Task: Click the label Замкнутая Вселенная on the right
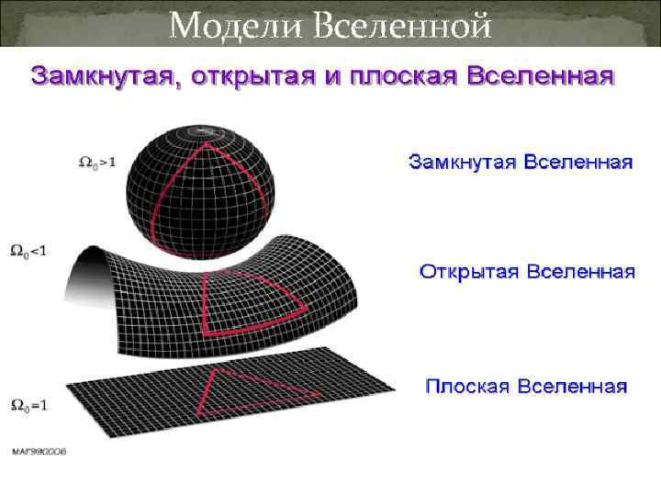pyautogui.click(x=521, y=163)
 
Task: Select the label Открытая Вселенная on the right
pyautogui.click(x=527, y=273)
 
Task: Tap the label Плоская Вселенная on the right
pyautogui.click(x=526, y=385)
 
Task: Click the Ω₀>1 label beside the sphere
pyautogui.click(x=96, y=163)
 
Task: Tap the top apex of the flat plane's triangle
pyautogui.click(x=216, y=371)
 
